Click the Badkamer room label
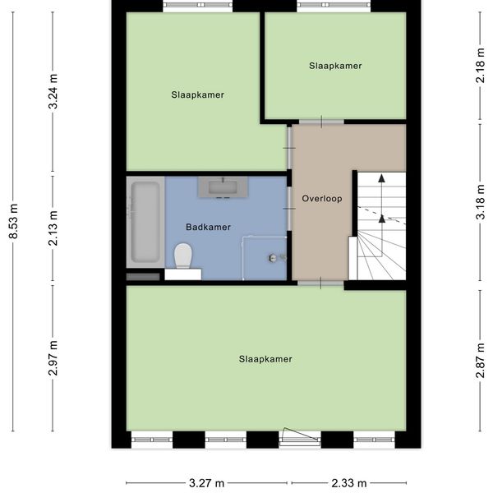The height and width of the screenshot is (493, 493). [x=208, y=228]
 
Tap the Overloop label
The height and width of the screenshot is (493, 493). [x=321, y=199]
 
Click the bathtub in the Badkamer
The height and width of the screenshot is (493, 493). [x=145, y=222]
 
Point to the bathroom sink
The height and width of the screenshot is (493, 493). [x=223, y=187]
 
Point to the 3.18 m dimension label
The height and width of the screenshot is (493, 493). [x=480, y=202]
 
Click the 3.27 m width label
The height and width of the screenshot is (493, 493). [x=206, y=483]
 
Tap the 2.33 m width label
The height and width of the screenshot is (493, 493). [x=348, y=483]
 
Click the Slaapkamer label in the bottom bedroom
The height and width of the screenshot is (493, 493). [x=265, y=359]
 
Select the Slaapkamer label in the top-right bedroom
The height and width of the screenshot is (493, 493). [x=335, y=66]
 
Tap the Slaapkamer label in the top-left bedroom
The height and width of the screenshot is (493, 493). [x=197, y=94]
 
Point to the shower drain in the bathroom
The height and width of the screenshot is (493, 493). [x=272, y=258]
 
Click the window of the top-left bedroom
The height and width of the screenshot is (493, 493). [x=197, y=6]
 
